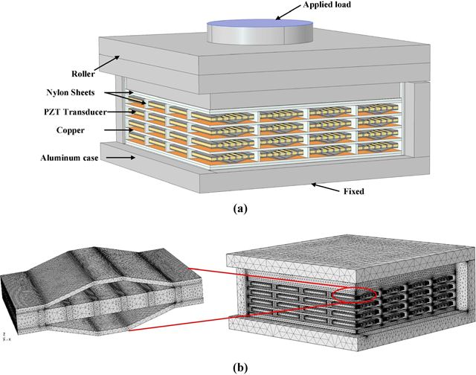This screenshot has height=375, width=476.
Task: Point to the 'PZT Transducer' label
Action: click(x=73, y=112)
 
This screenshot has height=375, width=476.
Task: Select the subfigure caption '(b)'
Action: click(x=239, y=366)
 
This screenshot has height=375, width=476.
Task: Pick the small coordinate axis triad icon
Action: click(x=6, y=336)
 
